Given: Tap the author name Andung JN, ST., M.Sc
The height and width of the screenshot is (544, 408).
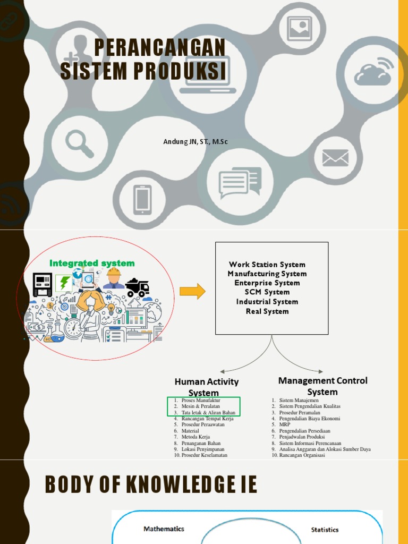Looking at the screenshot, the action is pyautogui.click(x=195, y=142).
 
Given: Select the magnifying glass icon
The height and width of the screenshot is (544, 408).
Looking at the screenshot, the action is pyautogui.click(x=79, y=143).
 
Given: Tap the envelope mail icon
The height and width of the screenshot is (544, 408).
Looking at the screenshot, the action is pyautogui.click(x=335, y=158).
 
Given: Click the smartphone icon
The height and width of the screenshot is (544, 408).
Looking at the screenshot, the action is pyautogui.click(x=142, y=200).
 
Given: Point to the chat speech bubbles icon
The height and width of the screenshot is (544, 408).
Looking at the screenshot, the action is pyautogui.click(x=240, y=182).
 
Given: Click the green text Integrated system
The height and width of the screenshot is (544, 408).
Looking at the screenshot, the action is pyautogui.click(x=92, y=263).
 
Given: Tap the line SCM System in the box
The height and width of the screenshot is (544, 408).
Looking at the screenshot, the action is pyautogui.click(x=267, y=292).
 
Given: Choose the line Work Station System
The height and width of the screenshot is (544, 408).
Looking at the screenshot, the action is pyautogui.click(x=267, y=265).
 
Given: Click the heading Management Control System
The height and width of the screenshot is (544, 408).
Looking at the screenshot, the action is pyautogui.click(x=322, y=386).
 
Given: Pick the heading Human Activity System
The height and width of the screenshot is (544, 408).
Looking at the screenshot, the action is pyautogui.click(x=207, y=387).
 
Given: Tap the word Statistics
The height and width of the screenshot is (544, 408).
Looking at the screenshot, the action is pyautogui.click(x=325, y=530).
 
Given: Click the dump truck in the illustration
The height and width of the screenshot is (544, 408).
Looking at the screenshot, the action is pyautogui.click(x=137, y=287).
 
